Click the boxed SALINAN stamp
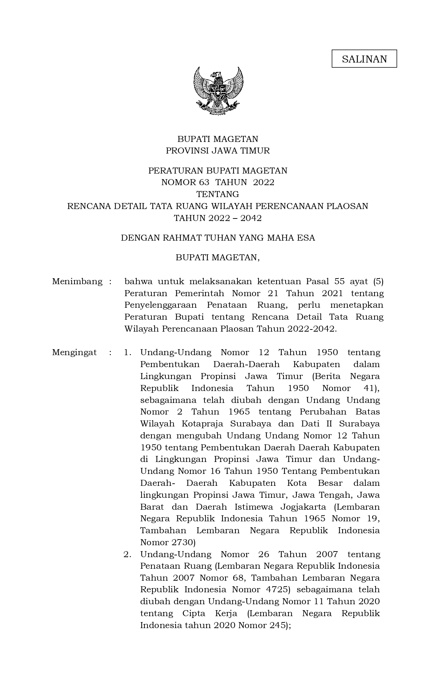364,59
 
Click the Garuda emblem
218,91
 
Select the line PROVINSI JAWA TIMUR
218,151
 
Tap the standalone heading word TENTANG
218,194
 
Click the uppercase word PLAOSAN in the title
347,206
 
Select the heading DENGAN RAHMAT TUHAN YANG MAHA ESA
218,238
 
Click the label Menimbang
77,281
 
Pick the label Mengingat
74,352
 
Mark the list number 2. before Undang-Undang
128,554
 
